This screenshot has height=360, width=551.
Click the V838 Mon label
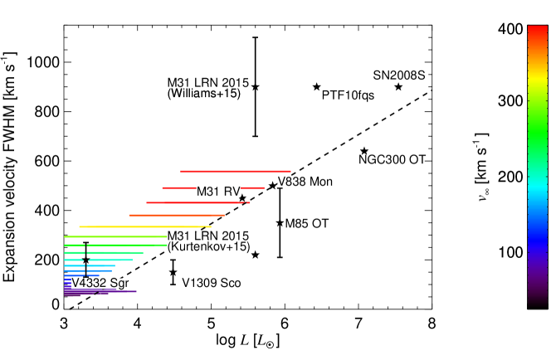point(305,182)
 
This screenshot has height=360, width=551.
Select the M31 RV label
point(218,192)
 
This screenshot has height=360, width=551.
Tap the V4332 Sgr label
point(100,284)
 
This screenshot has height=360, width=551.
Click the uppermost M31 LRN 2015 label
point(207,84)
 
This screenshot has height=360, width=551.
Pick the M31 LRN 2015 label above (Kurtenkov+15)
point(208,236)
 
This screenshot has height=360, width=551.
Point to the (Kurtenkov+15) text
point(208,246)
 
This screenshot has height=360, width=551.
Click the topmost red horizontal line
point(235,172)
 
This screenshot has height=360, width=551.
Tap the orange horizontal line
point(176,216)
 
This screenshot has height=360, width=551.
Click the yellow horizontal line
point(144,226)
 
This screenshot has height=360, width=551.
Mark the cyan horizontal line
point(98,260)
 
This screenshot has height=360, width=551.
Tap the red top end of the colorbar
point(537,33)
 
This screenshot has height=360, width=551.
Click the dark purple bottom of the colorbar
point(537,299)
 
